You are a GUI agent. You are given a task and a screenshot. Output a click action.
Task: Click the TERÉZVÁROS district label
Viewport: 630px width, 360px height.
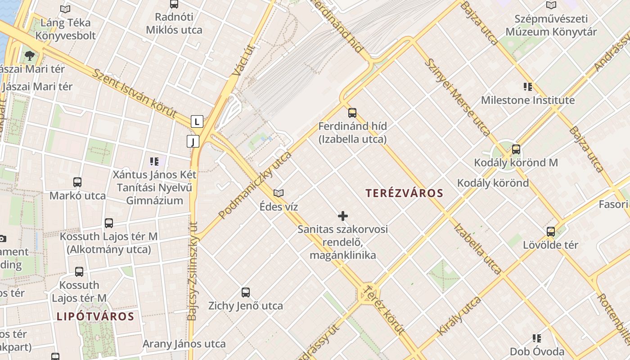[x=404, y=193]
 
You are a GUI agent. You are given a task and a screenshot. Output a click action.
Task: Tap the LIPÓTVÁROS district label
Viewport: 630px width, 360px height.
[x=95, y=316]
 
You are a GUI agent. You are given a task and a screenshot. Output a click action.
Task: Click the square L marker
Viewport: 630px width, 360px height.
[x=197, y=121]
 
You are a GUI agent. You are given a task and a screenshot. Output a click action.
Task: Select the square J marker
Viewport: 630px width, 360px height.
[x=193, y=142]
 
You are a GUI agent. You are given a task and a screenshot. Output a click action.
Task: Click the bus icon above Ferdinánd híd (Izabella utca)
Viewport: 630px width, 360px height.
[x=352, y=112]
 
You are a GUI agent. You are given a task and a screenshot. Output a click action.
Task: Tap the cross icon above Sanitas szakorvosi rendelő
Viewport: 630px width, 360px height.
[x=343, y=216]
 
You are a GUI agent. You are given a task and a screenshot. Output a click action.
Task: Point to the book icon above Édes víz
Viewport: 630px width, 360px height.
[x=279, y=193]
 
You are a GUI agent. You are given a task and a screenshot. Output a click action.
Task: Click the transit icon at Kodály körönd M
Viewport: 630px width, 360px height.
[x=516, y=149]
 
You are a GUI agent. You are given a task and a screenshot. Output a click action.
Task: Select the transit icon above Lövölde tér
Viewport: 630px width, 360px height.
[x=551, y=232]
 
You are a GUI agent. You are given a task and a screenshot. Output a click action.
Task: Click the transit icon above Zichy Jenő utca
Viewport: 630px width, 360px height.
[x=246, y=292]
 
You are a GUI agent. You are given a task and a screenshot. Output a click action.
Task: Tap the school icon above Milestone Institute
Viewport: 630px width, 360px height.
[x=528, y=86]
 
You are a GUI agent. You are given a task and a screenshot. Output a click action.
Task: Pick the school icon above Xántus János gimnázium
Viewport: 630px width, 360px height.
[x=154, y=161]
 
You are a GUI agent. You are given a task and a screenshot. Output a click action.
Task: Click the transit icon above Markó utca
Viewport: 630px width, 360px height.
[x=77, y=182]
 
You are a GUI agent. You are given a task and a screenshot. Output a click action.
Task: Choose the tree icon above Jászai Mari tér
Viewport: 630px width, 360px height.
[x=30, y=56]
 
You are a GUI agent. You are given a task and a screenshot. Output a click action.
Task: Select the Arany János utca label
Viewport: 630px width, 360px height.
[x=184, y=344]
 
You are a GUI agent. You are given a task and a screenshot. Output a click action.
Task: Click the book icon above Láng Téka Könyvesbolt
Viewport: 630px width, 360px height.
[x=65, y=9]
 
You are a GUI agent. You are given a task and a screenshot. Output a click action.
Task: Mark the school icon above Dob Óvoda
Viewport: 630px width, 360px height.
[x=536, y=338]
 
